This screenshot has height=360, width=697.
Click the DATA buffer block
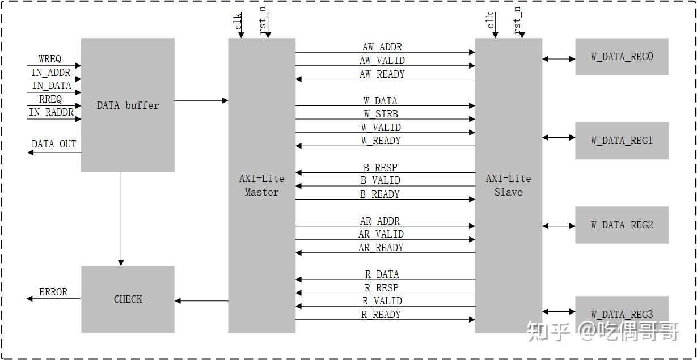[128, 105]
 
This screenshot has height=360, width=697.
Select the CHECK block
[128, 299]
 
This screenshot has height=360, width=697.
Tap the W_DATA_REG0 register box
[622, 57]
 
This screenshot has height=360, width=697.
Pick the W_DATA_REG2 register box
[622, 225]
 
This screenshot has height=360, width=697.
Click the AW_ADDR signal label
[382, 47]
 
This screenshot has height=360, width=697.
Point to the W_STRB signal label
[381, 114]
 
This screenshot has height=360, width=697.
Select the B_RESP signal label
[380, 168]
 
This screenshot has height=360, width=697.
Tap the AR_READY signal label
[381, 248]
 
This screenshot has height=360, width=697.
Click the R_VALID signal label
[382, 301]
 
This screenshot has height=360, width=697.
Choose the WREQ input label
[50, 60]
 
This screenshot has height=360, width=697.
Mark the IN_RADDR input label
[51, 112]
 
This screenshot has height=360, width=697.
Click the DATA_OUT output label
[54, 144]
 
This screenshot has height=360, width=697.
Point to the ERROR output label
[53, 292]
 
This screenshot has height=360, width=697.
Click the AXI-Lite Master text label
[261, 185]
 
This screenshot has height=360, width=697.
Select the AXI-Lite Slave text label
[508, 185]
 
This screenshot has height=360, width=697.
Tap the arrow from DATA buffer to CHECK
[121, 219]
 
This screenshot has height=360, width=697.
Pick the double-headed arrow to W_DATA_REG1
[559, 137]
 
